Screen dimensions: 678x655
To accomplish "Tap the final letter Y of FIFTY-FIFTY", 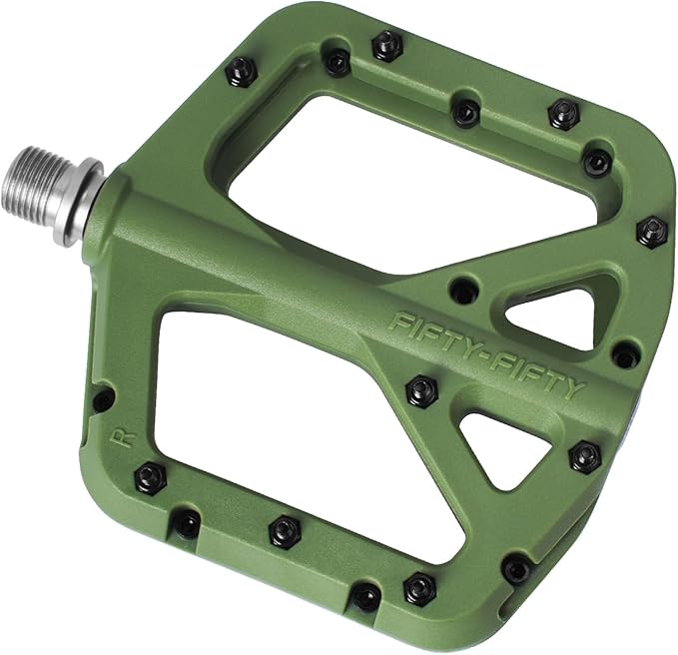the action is [573, 389].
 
